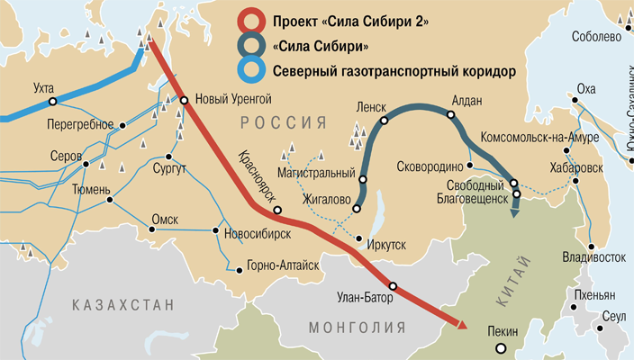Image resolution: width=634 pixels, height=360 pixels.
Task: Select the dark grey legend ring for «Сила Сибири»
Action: pyautogui.click(x=249, y=46)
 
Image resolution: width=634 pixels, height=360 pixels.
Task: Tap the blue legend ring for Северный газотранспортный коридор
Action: pyautogui.click(x=249, y=69)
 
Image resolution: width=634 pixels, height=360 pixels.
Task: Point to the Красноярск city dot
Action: pyautogui.click(x=277, y=211)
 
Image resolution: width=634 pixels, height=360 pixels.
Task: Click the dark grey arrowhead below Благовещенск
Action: pyautogui.click(x=516, y=211)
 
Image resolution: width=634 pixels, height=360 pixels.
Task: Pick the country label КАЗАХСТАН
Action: pyautogui.click(x=123, y=306)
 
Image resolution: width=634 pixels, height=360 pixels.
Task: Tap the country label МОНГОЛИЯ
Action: pyautogui.click(x=354, y=327)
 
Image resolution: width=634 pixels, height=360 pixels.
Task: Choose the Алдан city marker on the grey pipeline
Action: pyautogui.click(x=448, y=113)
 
